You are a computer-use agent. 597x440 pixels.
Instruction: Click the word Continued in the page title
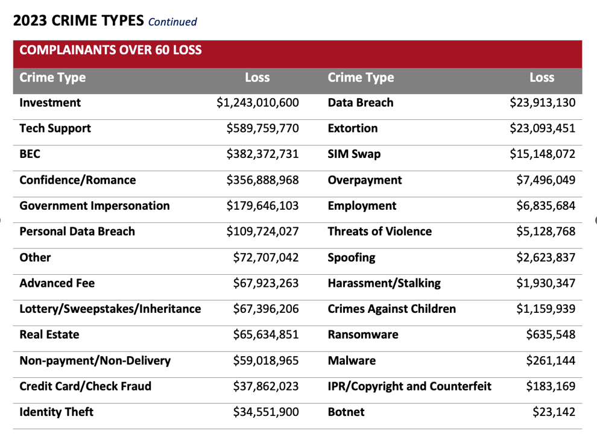172,22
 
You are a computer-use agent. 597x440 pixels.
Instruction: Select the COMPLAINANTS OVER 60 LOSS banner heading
110,50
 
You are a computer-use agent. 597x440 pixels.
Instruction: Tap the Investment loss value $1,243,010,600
257,102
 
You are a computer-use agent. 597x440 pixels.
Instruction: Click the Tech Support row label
55,128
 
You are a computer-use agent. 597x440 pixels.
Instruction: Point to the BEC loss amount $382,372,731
262,154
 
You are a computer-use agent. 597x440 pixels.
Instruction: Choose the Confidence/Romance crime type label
78,180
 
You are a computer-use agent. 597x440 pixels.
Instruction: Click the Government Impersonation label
95,206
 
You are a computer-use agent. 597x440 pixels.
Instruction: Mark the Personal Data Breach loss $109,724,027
262,232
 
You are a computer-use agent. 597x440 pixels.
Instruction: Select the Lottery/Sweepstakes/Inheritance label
110,309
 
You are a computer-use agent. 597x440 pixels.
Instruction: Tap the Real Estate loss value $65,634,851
266,335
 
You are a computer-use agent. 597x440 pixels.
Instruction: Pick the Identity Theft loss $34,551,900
266,413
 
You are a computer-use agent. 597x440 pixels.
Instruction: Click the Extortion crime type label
353,128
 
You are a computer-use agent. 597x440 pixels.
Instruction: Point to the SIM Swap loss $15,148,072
543,154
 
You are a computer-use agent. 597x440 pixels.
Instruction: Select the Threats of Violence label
380,232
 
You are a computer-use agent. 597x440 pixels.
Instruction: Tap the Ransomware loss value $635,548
549,335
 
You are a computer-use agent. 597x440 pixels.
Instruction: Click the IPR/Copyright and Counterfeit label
409,387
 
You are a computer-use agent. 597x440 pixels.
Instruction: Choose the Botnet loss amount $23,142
554,413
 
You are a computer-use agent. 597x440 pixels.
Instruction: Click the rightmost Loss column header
542,78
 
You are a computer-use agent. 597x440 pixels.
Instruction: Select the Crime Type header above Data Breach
361,78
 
